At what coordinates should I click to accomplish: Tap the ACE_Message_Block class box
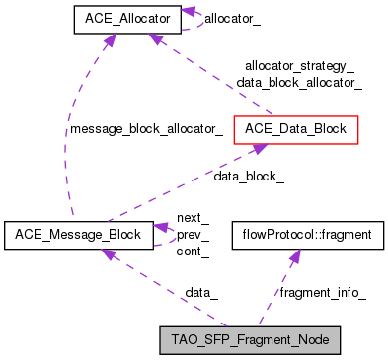[78, 235]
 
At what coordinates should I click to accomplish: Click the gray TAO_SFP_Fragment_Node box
[250, 341]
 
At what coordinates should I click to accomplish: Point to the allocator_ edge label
[234, 19]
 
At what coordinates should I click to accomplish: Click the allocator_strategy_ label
[299, 66]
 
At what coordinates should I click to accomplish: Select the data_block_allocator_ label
[299, 83]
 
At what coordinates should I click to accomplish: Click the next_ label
[193, 218]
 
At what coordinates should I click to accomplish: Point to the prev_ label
[193, 235]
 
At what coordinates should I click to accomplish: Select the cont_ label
[193, 252]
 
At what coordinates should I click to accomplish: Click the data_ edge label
[201, 293]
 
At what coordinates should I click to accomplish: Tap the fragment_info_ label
[323, 293]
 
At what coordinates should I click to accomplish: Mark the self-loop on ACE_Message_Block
[168, 235]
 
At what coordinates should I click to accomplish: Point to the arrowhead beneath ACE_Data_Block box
[257, 148]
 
